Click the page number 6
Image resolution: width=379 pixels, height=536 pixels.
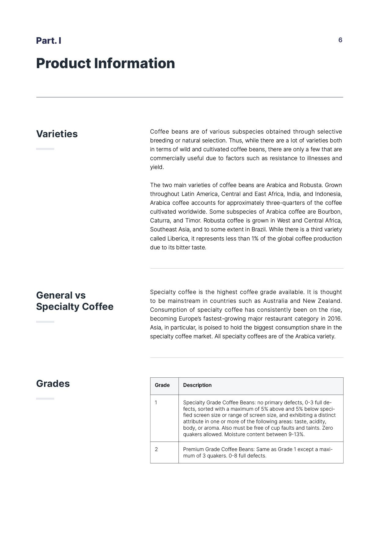340,40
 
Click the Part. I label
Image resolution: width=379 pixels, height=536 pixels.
49,41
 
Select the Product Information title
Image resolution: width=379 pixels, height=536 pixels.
105,63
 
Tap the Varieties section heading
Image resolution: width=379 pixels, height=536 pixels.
57,134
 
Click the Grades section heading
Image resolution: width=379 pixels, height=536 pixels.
53,384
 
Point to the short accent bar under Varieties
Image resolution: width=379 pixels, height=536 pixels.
45,149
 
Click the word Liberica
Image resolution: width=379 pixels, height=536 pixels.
178,238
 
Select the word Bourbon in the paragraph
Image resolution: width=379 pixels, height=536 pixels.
329,211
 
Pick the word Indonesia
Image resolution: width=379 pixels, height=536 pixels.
328,194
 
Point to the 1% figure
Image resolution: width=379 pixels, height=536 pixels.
255,238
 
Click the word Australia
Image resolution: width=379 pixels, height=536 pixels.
275,301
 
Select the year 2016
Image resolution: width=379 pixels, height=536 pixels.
334,318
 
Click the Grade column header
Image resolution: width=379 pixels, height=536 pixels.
162,385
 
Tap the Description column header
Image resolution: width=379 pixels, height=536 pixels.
197,385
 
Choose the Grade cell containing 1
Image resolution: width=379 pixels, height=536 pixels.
156,402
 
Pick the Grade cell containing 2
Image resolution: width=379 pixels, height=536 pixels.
156,449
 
